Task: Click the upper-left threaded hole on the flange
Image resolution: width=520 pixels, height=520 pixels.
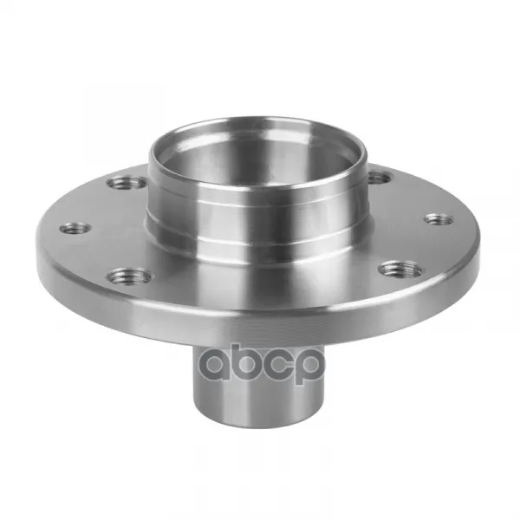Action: click(127, 183)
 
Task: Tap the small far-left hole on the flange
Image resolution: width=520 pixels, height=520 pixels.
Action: click(75, 229)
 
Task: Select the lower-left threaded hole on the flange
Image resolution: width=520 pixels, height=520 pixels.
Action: click(129, 276)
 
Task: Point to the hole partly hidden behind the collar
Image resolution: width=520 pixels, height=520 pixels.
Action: click(380, 178)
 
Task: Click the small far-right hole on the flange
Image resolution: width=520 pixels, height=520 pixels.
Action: click(439, 219)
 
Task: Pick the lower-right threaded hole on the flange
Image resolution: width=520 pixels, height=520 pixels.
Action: click(401, 269)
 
